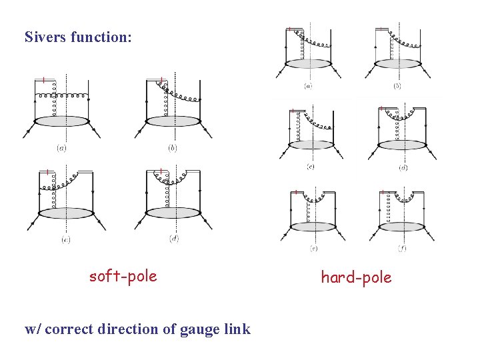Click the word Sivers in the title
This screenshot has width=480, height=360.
tap(45, 37)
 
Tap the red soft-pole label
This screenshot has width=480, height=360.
tap(123, 275)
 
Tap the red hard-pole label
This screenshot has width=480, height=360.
tap(356, 277)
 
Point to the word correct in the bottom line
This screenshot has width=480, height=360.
tap(72, 329)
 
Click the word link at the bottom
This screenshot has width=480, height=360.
tap(237, 329)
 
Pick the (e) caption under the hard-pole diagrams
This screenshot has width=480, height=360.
tap(313, 248)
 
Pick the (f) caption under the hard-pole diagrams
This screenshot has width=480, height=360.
tap(402, 248)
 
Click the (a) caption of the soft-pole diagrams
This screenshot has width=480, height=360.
tap(61, 147)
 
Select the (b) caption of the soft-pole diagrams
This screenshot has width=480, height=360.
tap(173, 147)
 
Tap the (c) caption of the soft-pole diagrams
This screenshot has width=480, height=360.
tap(65, 239)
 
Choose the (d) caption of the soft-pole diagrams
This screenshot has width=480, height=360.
tap(174, 239)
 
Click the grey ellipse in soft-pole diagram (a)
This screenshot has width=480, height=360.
tap(61, 121)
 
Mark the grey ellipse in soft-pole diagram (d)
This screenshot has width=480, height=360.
tap(173, 213)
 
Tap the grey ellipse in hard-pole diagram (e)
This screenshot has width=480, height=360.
tap(313, 227)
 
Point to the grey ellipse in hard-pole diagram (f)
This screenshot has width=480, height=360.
tap(402, 227)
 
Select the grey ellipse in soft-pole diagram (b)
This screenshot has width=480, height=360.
tap(173, 121)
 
